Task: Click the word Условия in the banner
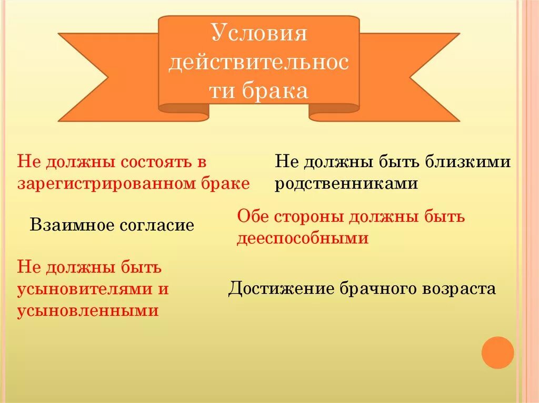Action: coord(258,34)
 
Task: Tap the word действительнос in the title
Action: coord(258,63)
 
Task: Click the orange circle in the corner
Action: coord(497,353)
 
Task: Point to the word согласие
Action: coord(156,225)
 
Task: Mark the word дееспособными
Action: coord(302,239)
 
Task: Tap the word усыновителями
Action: coord(85,289)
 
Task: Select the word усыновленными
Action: coord(88,311)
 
